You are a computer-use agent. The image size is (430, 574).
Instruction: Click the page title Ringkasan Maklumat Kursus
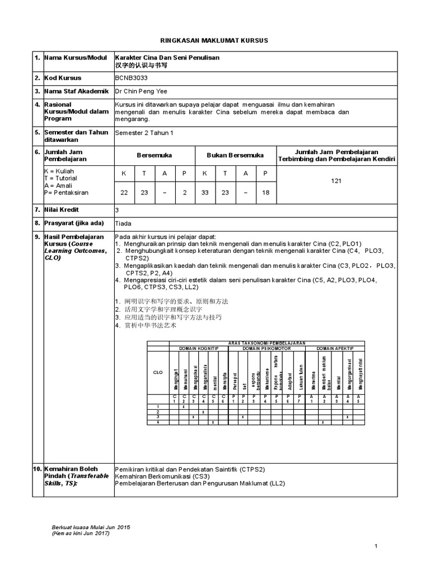(x=215, y=41)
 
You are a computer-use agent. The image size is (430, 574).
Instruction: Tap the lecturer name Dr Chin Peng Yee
(x=141, y=91)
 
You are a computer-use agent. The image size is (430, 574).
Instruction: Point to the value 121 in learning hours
(x=336, y=181)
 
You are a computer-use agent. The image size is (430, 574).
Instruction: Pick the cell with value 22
(x=124, y=192)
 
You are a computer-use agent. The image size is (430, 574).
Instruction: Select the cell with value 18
(x=265, y=192)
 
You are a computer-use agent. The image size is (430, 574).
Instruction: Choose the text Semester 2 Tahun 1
(x=144, y=133)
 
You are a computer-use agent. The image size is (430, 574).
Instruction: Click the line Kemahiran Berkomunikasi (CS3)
(x=160, y=475)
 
